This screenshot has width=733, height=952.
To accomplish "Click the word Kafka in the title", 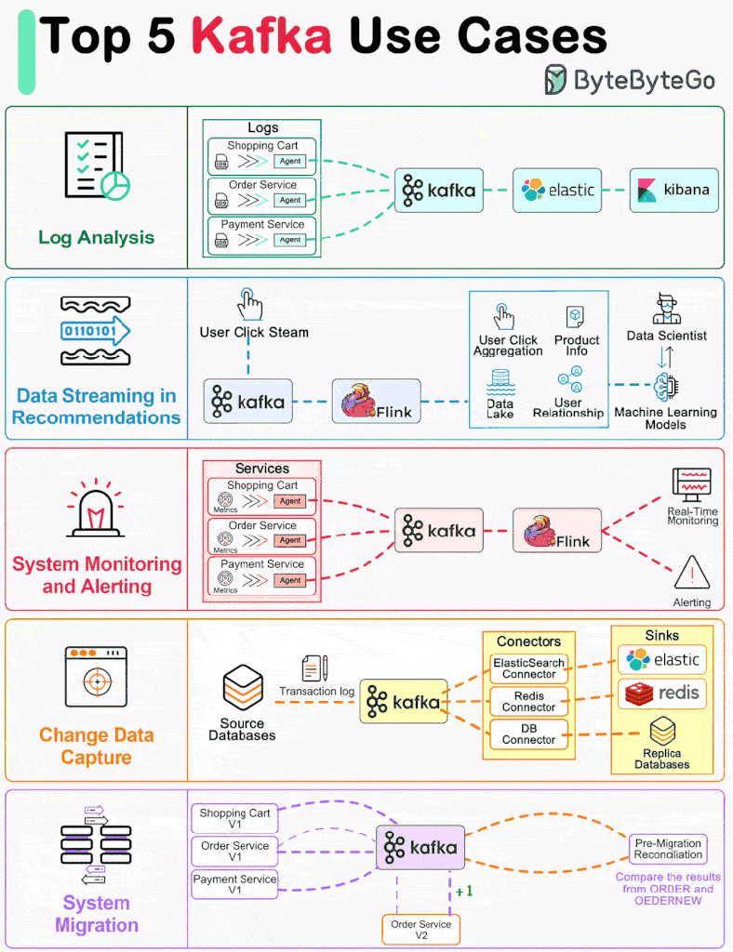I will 261,36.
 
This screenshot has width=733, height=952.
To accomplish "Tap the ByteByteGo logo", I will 630,80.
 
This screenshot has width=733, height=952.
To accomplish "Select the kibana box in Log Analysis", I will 673,190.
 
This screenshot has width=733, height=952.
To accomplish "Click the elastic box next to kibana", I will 557,190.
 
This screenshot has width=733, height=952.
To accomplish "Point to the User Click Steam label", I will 254,332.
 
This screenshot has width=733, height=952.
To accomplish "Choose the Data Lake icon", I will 500,380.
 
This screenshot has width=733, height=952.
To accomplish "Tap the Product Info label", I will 576,345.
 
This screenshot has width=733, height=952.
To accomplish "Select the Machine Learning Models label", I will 665,418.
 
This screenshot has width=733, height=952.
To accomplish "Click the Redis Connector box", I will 528,702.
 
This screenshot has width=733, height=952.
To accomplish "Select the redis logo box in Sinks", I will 661,694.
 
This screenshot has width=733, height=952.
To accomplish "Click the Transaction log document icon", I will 314,668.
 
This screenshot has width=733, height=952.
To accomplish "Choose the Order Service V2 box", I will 420,930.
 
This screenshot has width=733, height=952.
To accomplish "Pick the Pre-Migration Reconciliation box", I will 668,849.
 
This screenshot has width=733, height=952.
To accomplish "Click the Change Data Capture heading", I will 96,747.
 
